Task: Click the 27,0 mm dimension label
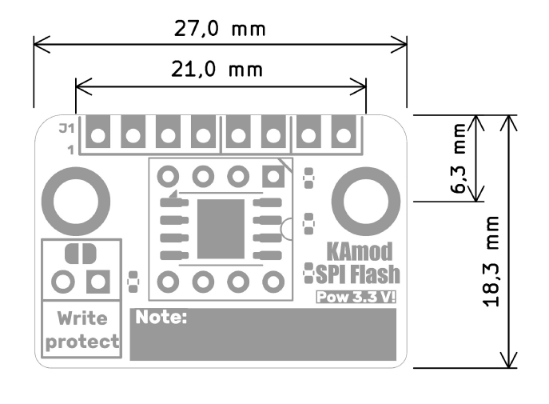(220, 30)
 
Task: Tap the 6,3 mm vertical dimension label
(458, 159)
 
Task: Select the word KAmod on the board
(365, 252)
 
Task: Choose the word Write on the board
(82, 318)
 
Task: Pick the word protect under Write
(82, 342)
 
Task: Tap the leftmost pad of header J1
(97, 134)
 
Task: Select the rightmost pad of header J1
(343, 134)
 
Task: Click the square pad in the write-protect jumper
(98, 282)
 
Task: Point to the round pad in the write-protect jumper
(63, 282)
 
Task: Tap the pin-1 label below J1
(71, 150)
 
